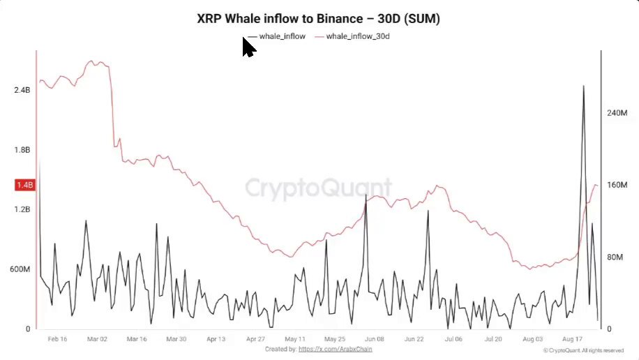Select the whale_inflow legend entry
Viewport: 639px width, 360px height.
tap(277, 36)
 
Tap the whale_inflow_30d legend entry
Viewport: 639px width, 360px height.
tap(352, 36)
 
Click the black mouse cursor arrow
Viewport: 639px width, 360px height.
tap(249, 47)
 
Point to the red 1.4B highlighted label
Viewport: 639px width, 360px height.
tap(25, 185)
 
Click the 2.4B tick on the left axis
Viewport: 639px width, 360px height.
tap(22, 90)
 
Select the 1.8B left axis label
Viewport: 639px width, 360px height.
tap(22, 150)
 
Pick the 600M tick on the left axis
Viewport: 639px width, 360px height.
tap(20, 269)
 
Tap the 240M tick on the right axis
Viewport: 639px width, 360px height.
tap(617, 113)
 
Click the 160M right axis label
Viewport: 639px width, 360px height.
tap(617, 185)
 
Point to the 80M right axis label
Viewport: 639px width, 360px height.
tap(615, 257)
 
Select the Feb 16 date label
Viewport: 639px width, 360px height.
tap(57, 339)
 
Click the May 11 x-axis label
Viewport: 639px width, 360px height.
tap(295, 339)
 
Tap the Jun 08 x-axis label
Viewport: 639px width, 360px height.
tap(374, 339)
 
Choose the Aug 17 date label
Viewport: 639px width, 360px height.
tap(572, 339)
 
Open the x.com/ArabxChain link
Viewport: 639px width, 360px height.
tap(336, 349)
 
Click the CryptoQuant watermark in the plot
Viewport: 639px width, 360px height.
tap(318, 188)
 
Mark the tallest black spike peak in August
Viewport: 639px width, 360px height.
tap(584, 86)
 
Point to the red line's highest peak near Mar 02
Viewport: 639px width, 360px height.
tap(91, 61)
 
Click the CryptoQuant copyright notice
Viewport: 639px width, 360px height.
tap(584, 351)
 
